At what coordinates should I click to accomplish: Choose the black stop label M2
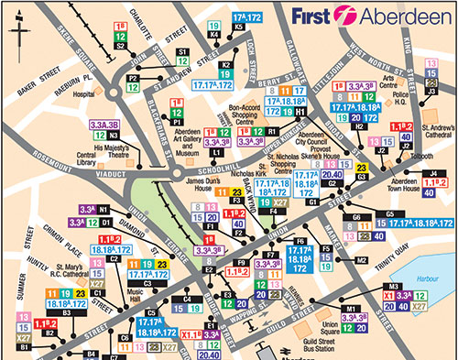point(363,260)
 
